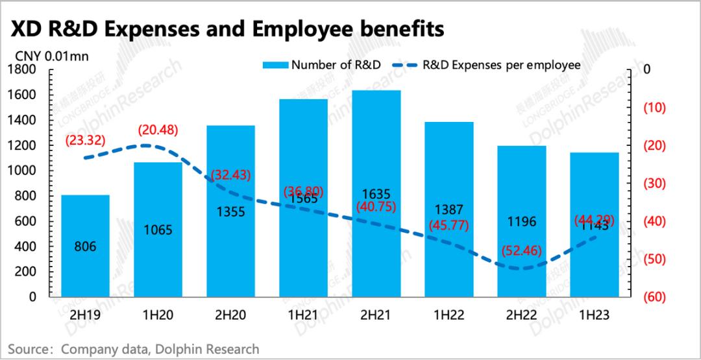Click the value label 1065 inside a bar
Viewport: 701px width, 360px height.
tap(158, 230)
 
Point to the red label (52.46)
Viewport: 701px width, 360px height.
tap(522, 250)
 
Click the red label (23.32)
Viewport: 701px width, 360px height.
tap(85, 139)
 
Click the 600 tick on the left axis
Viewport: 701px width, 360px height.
tap(27, 221)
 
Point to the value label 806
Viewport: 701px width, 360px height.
tap(85, 247)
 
